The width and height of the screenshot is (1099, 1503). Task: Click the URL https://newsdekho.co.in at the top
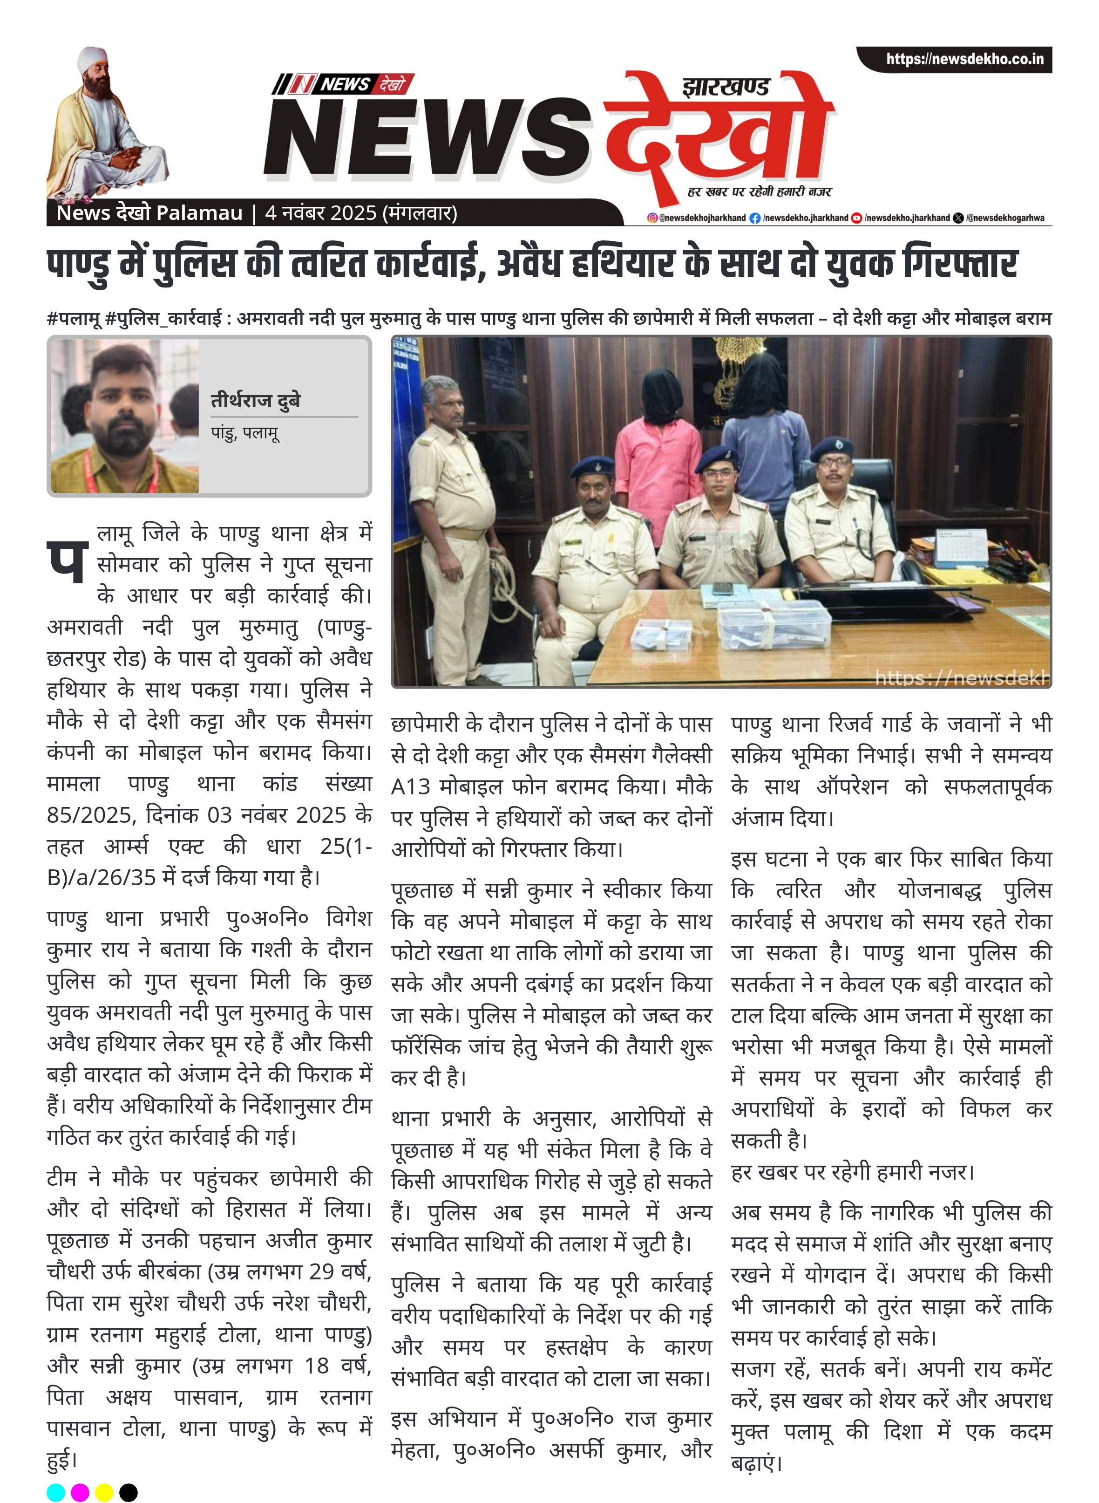pyautogui.click(x=964, y=59)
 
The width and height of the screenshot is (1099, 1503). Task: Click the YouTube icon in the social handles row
pyautogui.click(x=856, y=218)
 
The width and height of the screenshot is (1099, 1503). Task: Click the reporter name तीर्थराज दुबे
pyautogui.click(x=255, y=400)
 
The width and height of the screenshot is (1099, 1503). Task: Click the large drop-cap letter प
pyautogui.click(x=67, y=561)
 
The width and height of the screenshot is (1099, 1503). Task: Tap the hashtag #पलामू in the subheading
pyautogui.click(x=73, y=319)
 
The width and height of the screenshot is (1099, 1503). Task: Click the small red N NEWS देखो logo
pyautogui.click(x=343, y=84)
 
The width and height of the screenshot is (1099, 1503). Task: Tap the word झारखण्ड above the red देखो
pyautogui.click(x=725, y=87)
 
